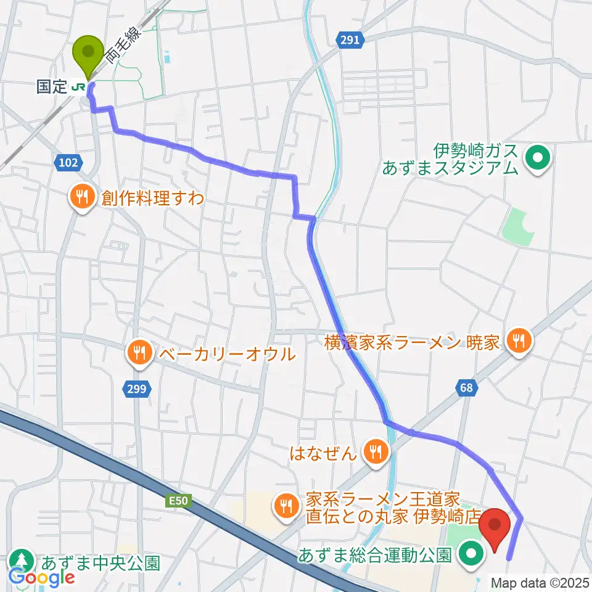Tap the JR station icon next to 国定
79,87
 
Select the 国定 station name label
51,87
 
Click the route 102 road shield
68,163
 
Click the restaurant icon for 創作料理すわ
81,199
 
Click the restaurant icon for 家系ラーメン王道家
285,506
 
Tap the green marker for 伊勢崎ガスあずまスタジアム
536,158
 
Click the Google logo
42,577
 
